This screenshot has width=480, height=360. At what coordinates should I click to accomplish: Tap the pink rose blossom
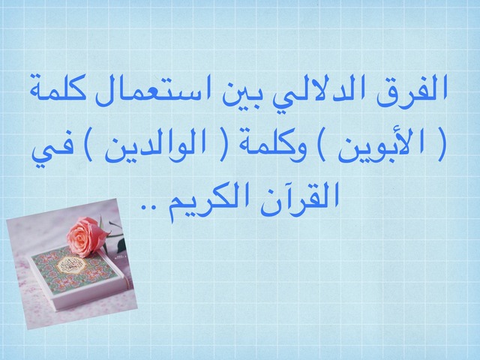pos(85,235)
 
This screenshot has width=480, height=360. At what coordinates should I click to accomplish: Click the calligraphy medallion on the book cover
pos(70,263)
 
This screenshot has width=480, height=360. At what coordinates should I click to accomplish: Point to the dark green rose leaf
pos(121,246)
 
